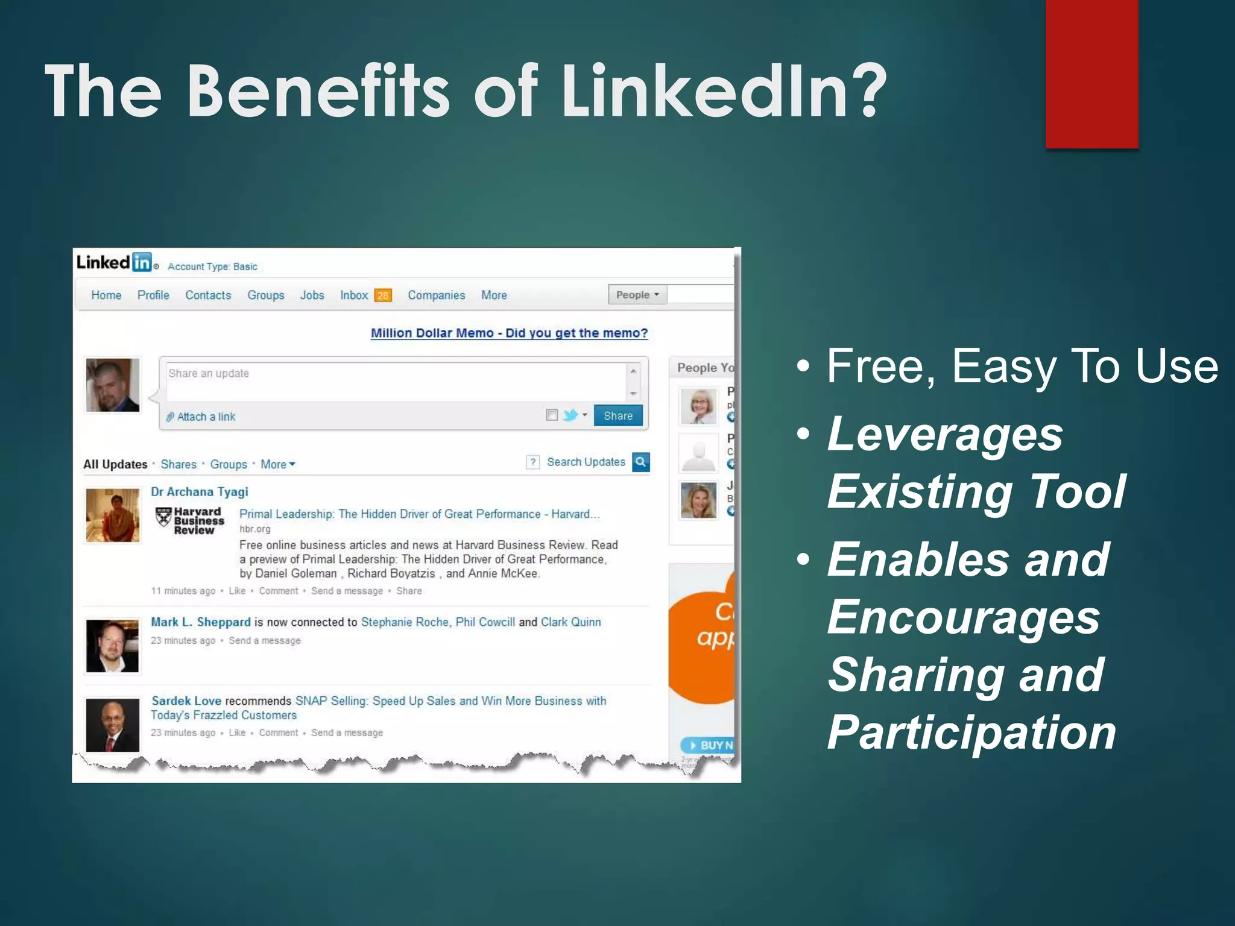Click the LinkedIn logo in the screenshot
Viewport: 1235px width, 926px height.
click(114, 262)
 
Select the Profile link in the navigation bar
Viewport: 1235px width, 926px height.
click(153, 295)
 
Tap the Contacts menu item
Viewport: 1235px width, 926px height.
click(208, 295)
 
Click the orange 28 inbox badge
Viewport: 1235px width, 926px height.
click(383, 295)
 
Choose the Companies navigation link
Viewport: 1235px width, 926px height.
click(436, 295)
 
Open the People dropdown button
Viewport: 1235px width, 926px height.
click(637, 295)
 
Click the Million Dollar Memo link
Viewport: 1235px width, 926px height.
click(509, 333)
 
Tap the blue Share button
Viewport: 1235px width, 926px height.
click(618, 416)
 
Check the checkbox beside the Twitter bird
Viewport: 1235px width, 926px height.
click(551, 415)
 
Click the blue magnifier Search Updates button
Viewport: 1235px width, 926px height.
click(640, 462)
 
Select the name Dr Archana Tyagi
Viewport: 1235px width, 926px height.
click(200, 492)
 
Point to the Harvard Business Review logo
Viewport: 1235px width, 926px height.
click(190, 520)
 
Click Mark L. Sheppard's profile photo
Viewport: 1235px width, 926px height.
click(113, 646)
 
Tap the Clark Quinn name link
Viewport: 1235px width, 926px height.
click(570, 622)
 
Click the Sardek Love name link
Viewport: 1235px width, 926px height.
click(186, 701)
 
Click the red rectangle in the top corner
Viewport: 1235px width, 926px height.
click(1091, 74)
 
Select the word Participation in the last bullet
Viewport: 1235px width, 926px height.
click(971, 733)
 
